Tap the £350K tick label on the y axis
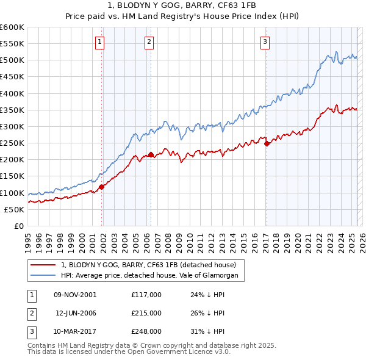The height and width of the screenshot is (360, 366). [x=12, y=110]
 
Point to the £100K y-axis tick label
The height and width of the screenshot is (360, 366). [x=12, y=193]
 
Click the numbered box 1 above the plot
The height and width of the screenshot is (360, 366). [x=99, y=42]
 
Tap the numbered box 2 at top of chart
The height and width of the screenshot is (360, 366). [x=149, y=42]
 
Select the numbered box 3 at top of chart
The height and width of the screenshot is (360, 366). [x=265, y=42]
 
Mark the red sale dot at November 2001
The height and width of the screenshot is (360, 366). [x=102, y=187]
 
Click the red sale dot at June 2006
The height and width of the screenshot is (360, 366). [x=151, y=155]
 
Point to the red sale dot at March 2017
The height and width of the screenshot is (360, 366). [x=267, y=144]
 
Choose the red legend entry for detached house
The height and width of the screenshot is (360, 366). [x=152, y=265]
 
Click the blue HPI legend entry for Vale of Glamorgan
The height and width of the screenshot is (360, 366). [x=152, y=276]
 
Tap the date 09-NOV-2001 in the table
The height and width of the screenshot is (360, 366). [x=75, y=294]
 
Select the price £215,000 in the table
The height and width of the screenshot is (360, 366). [x=146, y=312]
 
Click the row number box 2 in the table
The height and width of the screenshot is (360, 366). [x=30, y=312]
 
